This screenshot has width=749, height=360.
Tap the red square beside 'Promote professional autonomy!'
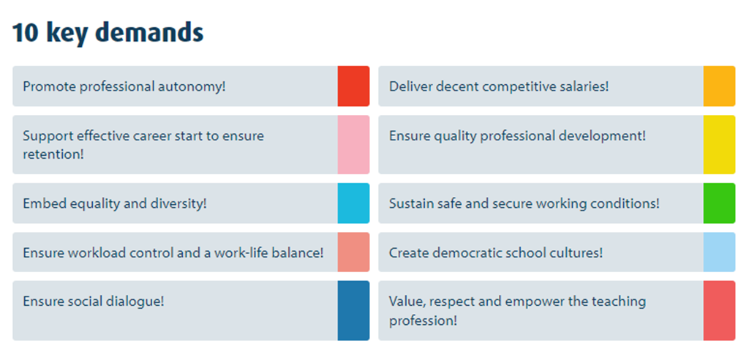(x=353, y=86)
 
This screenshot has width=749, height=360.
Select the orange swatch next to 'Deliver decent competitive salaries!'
(x=719, y=86)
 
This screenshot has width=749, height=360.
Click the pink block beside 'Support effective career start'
(x=353, y=144)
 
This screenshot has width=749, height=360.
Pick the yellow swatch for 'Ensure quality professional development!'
(x=719, y=144)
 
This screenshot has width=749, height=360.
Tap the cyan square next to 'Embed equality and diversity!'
(x=353, y=203)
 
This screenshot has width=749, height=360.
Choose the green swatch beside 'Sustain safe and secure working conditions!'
(x=719, y=203)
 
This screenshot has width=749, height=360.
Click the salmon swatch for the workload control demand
(x=353, y=252)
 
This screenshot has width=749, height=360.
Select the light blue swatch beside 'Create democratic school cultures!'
(x=719, y=252)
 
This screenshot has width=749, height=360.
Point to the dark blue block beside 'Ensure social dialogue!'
(x=353, y=310)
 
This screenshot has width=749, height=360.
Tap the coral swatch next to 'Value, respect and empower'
(x=719, y=310)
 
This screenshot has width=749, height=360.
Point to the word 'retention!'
(x=53, y=155)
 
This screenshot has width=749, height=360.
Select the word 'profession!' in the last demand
(x=423, y=320)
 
